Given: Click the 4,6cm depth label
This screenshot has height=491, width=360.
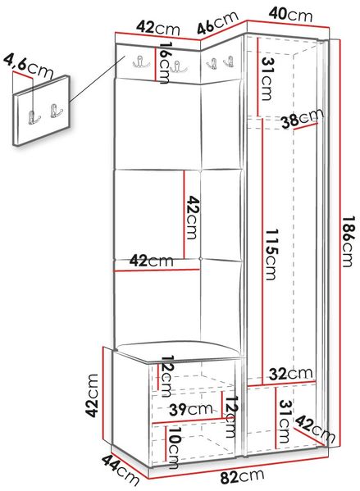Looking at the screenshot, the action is point(28,66).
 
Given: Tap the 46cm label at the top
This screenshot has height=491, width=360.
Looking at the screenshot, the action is point(218,23).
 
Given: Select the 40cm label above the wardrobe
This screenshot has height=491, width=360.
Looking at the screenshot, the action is point(291,15).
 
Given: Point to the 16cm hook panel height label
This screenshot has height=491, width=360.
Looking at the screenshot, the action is point(165,62).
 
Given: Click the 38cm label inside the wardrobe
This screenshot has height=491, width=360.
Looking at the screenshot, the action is point(303,118).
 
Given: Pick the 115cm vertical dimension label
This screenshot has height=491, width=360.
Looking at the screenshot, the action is point(271,254).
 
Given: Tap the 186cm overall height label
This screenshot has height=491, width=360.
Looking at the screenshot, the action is point(347,241).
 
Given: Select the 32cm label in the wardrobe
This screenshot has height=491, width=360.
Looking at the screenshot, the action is point(291,373).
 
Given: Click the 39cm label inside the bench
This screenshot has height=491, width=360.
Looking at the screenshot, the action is point(191,409).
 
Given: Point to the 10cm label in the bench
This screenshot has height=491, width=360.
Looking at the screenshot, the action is point(173,448).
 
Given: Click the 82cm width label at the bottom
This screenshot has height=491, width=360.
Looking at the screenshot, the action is point(242,476).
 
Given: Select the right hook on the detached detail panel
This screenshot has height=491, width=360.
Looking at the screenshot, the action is point(56,110).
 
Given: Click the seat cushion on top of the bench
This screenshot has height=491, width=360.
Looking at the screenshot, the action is point(178,350).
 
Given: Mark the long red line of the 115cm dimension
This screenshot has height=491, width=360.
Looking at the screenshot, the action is point(262,251).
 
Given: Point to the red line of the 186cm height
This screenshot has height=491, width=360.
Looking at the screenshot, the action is point(339,243).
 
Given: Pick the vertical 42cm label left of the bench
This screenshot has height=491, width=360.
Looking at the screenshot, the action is point(93,396).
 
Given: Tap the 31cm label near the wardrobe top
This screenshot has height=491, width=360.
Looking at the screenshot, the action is point(267,79).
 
